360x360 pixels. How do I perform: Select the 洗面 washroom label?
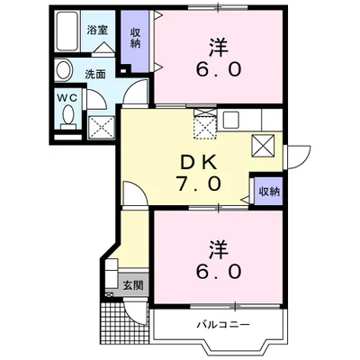pyautogui.click(x=95, y=75)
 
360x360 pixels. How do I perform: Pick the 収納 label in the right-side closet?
pyautogui.click(x=269, y=192)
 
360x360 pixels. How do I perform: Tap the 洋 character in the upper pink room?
pyautogui.click(x=217, y=44)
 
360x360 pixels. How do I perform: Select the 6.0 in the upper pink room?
pyautogui.click(x=217, y=69)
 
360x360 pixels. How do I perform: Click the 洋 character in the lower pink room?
pyautogui.click(x=216, y=244)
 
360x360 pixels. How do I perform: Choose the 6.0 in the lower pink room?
pyautogui.click(x=216, y=269)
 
